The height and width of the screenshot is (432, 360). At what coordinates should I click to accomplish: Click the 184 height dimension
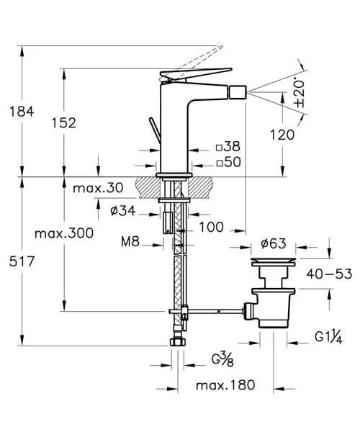[22, 112]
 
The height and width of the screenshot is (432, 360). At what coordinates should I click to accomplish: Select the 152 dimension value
[64, 123]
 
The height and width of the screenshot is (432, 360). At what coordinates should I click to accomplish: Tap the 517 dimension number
[22, 261]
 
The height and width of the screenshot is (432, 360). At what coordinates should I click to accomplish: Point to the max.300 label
[64, 233]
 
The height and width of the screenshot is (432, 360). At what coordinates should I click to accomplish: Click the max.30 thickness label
[98, 188]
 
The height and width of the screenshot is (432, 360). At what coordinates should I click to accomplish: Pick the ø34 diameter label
[123, 211]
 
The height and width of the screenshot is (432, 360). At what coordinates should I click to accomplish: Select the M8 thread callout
[130, 242]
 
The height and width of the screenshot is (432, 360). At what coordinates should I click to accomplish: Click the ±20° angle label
[299, 93]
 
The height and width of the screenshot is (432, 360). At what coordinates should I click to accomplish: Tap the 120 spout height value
[282, 135]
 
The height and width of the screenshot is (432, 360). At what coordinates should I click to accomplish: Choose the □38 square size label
[228, 147]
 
